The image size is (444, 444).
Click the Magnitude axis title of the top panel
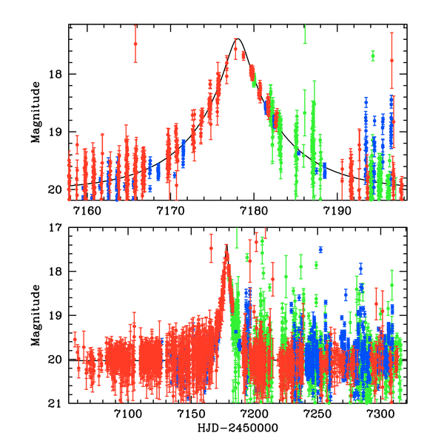point(35,112)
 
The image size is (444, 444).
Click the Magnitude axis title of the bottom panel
point(35,316)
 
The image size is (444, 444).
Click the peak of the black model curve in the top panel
point(238,39)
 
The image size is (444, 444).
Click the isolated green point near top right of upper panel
point(373,55)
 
